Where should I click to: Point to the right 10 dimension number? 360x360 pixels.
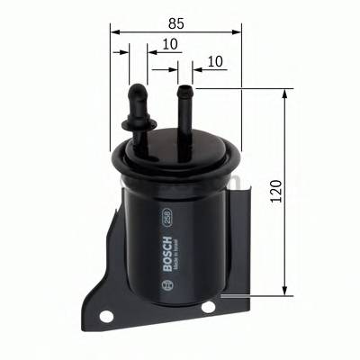point(214,61)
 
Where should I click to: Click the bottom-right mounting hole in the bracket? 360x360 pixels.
point(209,307)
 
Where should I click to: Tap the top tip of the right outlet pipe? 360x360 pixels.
point(185,89)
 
